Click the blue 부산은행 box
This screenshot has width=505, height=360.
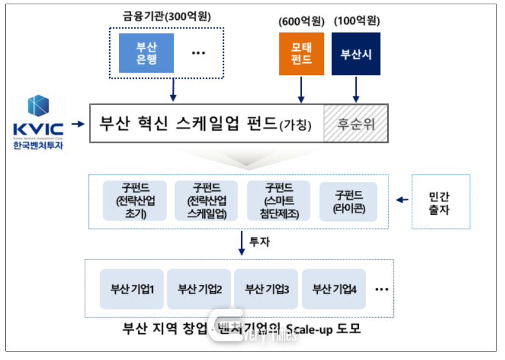[146, 53]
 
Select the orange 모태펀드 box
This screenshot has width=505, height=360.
[301, 54]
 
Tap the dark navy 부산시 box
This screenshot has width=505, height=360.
[356, 54]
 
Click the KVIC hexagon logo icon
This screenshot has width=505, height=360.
[37, 106]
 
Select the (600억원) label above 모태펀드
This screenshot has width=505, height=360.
[301, 21]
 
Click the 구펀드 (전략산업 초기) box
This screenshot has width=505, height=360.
[134, 200]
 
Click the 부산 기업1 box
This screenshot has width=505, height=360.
[132, 288]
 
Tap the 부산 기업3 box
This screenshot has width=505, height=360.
[267, 288]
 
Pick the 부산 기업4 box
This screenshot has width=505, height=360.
[334, 288]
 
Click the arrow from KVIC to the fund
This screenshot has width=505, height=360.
[77, 124]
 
